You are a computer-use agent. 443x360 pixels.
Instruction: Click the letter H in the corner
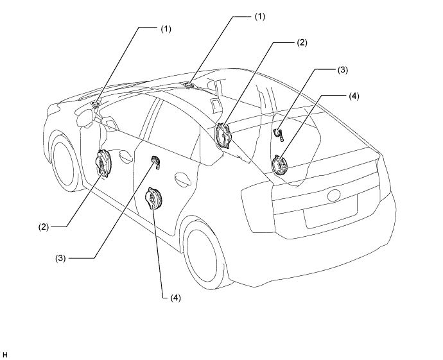(4, 355)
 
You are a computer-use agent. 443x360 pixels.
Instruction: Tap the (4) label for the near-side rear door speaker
(175, 298)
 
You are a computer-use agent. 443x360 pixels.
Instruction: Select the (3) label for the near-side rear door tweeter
(60, 258)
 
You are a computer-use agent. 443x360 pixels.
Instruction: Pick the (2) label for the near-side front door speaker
(44, 227)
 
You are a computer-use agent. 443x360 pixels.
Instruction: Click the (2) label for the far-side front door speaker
(302, 42)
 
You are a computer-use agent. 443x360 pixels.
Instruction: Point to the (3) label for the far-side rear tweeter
(343, 70)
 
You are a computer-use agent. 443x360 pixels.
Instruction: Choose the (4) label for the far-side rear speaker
(354, 96)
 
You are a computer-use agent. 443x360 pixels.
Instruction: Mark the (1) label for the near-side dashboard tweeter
(166, 28)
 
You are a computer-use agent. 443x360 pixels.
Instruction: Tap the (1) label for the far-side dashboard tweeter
(260, 17)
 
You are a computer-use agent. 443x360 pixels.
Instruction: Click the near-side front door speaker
(103, 164)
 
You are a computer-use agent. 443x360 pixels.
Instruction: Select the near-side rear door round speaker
(153, 198)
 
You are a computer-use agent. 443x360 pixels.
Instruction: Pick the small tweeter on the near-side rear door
(156, 162)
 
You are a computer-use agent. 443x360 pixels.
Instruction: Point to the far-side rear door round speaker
(280, 165)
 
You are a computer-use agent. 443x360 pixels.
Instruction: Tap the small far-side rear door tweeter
(278, 134)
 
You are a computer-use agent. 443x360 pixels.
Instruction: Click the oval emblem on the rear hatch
(335, 195)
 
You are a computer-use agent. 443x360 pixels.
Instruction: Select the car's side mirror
(84, 117)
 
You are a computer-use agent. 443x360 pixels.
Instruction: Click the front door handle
(125, 157)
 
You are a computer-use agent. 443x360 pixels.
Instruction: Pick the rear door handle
(182, 179)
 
